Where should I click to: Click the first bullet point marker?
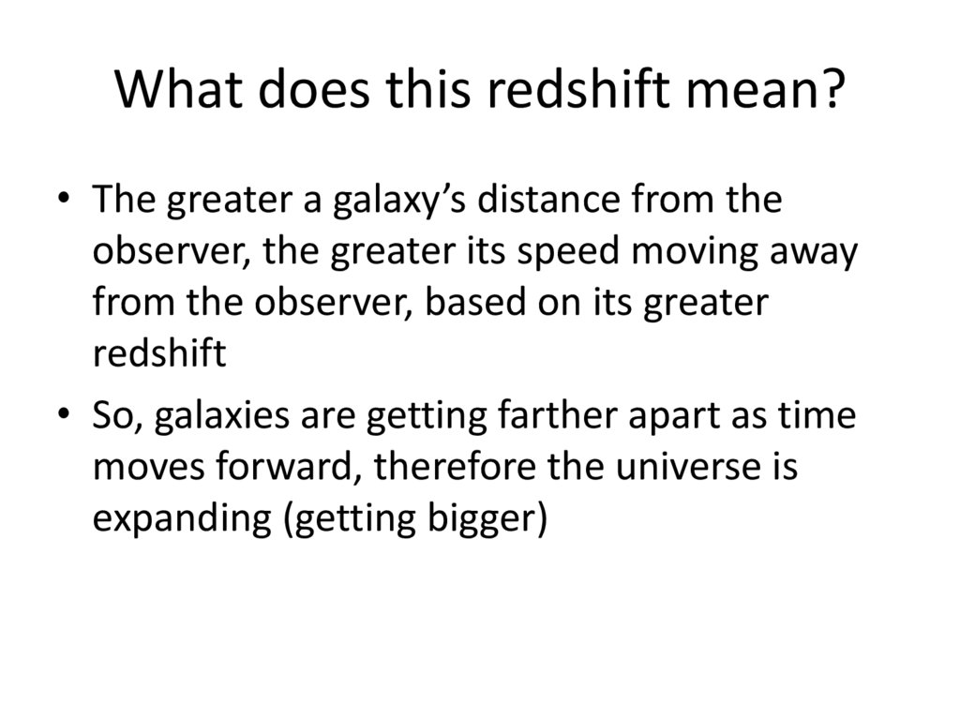coord(63,202)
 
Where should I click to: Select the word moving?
coord(693,253)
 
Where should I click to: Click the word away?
coord(815,253)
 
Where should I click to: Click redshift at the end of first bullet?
coord(160,354)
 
